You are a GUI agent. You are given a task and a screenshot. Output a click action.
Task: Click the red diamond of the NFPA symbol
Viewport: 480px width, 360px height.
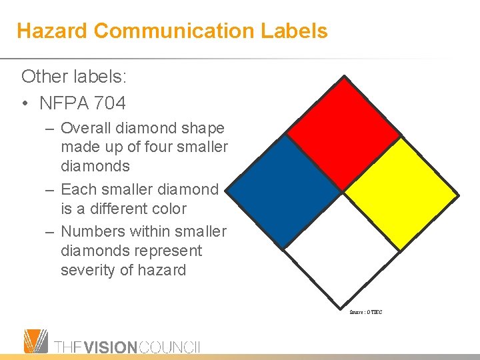click(343, 133)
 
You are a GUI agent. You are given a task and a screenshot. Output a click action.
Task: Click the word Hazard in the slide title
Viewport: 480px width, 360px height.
click(52, 31)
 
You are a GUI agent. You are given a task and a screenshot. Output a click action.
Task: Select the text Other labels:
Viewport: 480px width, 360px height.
click(74, 77)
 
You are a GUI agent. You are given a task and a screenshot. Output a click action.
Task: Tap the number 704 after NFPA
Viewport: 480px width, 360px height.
click(110, 103)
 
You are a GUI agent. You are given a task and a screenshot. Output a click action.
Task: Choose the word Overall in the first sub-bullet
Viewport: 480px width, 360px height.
click(87, 127)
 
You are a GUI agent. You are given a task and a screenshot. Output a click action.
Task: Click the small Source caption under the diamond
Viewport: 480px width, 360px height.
click(365, 312)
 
